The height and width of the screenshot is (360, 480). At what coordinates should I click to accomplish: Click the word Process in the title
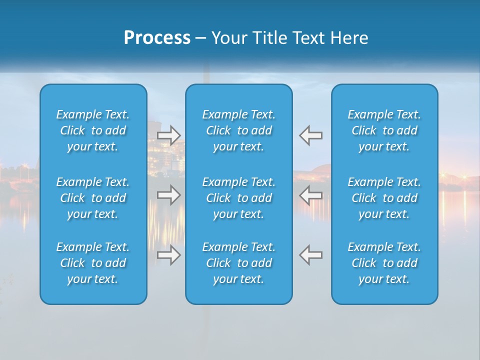click(157, 38)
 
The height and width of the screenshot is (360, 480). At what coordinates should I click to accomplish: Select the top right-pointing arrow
click(169, 135)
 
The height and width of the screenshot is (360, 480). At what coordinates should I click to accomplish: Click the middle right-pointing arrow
click(169, 194)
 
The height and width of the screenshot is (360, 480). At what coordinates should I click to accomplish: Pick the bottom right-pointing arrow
click(169, 254)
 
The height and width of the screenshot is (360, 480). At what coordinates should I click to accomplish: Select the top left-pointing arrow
click(310, 135)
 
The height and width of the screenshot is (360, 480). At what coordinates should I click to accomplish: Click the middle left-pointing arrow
click(310, 194)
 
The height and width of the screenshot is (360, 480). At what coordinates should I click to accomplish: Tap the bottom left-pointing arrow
click(310, 254)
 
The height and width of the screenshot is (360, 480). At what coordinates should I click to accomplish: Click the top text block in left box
click(93, 130)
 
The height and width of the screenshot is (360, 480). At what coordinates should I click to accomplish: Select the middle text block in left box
click(93, 198)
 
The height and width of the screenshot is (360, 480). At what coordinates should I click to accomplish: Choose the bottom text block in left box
click(93, 263)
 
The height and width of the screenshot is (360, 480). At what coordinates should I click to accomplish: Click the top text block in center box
click(239, 130)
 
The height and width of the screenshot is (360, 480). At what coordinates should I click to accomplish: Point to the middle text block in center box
click(239, 198)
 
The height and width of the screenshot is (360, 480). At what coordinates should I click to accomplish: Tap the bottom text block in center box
click(239, 263)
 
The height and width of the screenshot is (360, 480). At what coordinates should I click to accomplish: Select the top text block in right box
click(384, 130)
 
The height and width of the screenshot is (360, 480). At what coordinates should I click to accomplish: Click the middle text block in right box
click(384, 198)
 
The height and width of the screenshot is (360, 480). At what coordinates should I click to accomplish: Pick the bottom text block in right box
click(384, 263)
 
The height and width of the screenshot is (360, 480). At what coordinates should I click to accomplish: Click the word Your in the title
click(228, 38)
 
